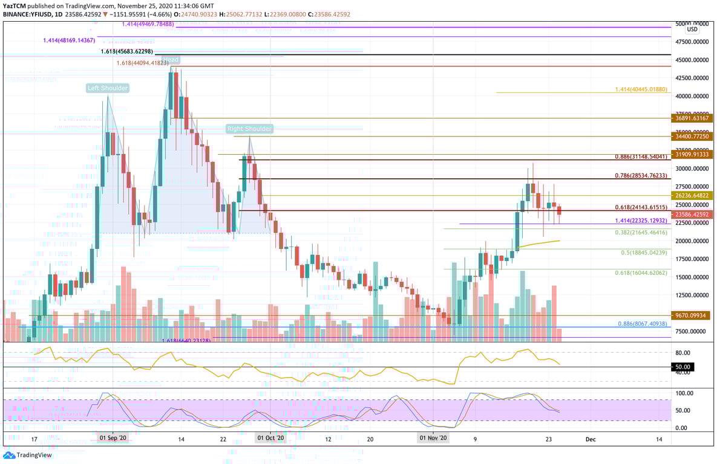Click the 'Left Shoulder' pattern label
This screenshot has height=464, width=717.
[x=107, y=88]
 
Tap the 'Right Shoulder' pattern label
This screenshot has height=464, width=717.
[x=249, y=129]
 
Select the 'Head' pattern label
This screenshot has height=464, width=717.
[x=172, y=60]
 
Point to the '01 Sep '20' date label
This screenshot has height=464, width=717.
[x=113, y=439]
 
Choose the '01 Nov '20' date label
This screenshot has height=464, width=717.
[x=433, y=439]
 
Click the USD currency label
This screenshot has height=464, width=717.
[x=692, y=29]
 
